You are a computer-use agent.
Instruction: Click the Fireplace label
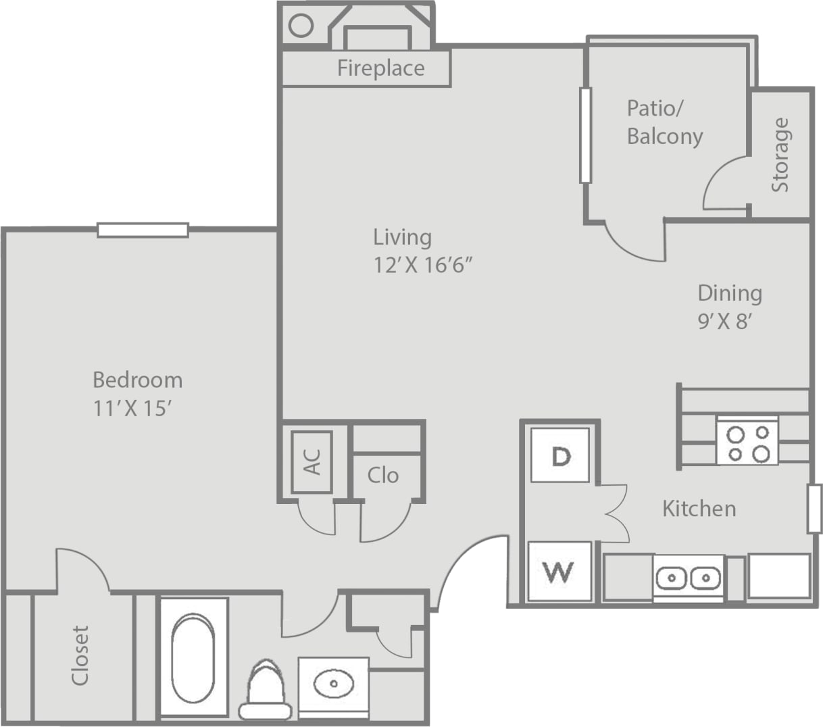380,68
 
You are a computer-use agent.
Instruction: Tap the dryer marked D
559,455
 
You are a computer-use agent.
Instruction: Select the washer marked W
559,571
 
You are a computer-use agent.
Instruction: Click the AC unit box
311,462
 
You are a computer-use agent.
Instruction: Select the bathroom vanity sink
334,683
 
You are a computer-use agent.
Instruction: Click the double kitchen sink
688,578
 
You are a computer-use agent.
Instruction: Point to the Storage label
780,155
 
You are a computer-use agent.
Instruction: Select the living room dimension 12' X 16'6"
422,265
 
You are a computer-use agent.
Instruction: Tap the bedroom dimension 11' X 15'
138,409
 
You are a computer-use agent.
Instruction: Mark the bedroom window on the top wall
143,230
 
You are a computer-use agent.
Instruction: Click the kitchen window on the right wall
814,508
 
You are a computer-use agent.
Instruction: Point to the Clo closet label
383,476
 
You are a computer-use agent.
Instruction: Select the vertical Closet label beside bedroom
80,655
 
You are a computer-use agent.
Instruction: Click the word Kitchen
699,508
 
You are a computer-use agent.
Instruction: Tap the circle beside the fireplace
301,26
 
